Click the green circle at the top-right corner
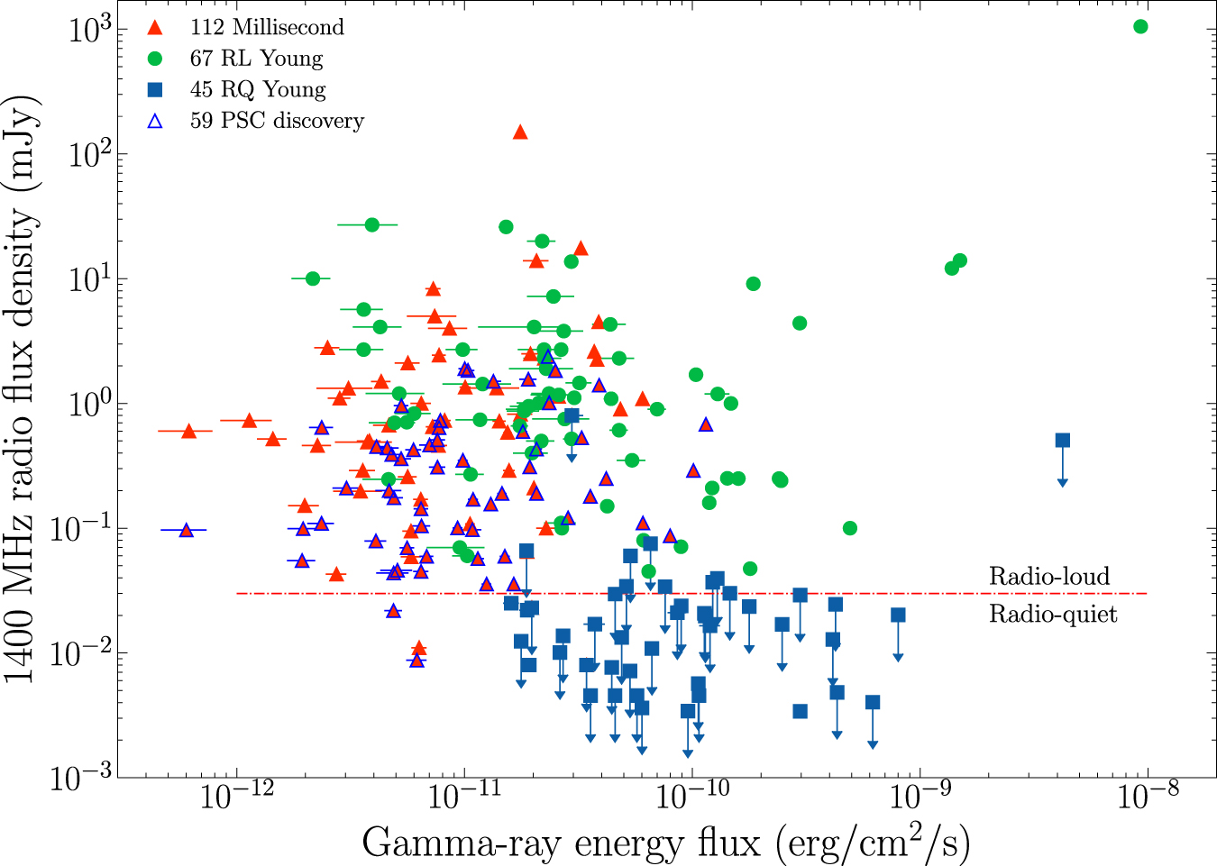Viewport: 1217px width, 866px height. tap(1140, 26)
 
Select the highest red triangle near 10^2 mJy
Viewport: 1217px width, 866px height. tap(520, 132)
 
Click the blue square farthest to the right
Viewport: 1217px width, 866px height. tap(1063, 440)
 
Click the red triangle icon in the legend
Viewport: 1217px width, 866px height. tap(155, 28)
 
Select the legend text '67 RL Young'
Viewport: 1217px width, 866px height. tap(256, 59)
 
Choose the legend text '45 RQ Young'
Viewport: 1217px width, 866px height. tap(258, 89)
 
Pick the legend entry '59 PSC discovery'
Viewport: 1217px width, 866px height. tap(277, 121)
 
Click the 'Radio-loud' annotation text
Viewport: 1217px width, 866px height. tap(1049, 576)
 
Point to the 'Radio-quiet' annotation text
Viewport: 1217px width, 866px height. tap(1053, 615)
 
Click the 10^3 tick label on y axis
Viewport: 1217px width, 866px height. tap(90, 29)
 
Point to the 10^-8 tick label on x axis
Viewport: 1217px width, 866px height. tap(1148, 797)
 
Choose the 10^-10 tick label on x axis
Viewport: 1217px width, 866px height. tap(691, 797)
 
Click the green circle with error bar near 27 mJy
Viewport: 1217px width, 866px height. tap(371, 224)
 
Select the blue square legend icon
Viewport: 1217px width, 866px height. tap(155, 89)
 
